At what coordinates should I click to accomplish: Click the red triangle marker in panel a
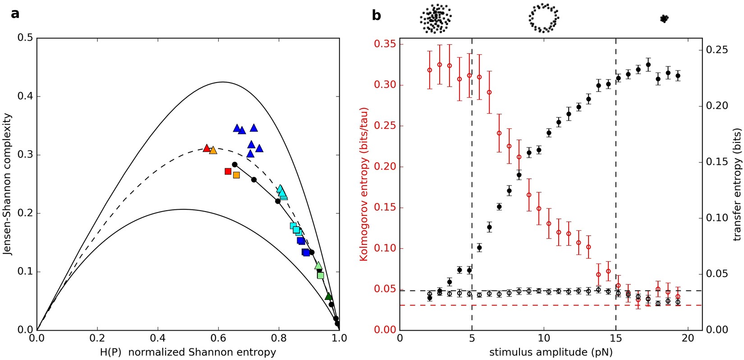[207, 148]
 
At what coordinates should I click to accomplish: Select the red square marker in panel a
[228, 171]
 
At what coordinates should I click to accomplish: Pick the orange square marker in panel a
[236, 175]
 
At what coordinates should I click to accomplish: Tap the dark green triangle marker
[329, 296]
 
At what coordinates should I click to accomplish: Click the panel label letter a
[15, 14]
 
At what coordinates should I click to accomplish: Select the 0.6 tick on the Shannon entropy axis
[218, 338]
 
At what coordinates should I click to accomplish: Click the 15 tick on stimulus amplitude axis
[615, 338]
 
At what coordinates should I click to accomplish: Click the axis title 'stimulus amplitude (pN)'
[551, 351]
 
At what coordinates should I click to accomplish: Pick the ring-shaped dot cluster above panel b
[543, 18]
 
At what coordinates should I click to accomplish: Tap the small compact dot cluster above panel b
[664, 18]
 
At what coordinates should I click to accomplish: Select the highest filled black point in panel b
[648, 65]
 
